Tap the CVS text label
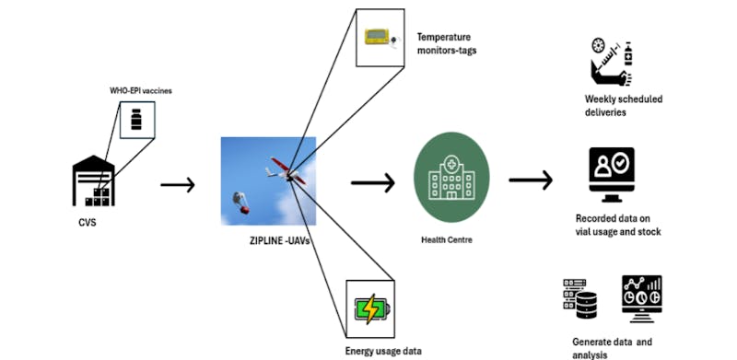tap(88, 221)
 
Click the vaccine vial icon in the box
tap(136, 120)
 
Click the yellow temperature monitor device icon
tap(380, 37)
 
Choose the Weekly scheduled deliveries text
tap(624, 105)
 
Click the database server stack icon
tap(581, 296)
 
